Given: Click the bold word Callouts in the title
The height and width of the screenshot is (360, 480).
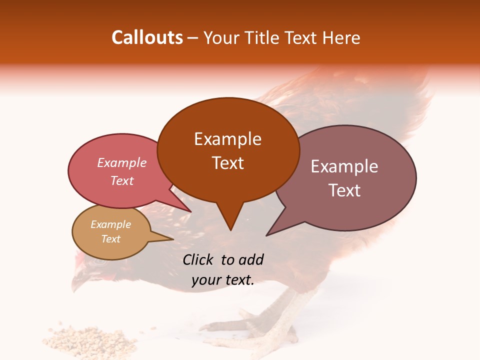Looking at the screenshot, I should tap(147, 37).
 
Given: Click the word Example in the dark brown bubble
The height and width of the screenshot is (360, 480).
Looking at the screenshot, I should tap(227, 139).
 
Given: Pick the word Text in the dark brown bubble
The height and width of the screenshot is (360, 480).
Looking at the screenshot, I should tap(227, 163).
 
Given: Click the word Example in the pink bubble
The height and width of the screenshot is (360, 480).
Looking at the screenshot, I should tap(121, 163).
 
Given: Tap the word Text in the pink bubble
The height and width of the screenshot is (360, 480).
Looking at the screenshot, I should tap(121, 180).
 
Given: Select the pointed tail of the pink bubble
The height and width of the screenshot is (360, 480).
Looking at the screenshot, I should tap(185, 207).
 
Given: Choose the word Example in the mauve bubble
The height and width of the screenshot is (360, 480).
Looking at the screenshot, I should tap(344, 166).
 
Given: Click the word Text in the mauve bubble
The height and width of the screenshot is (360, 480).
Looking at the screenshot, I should tap(344, 190).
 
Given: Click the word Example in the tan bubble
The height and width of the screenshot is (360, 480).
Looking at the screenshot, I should tap(110, 224).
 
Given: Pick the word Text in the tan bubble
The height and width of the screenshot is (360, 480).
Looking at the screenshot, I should tap(110, 239).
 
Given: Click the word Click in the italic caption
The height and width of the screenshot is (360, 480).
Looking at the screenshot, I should tap(199, 259).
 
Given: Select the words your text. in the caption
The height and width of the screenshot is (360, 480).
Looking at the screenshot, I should tap(222, 280).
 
